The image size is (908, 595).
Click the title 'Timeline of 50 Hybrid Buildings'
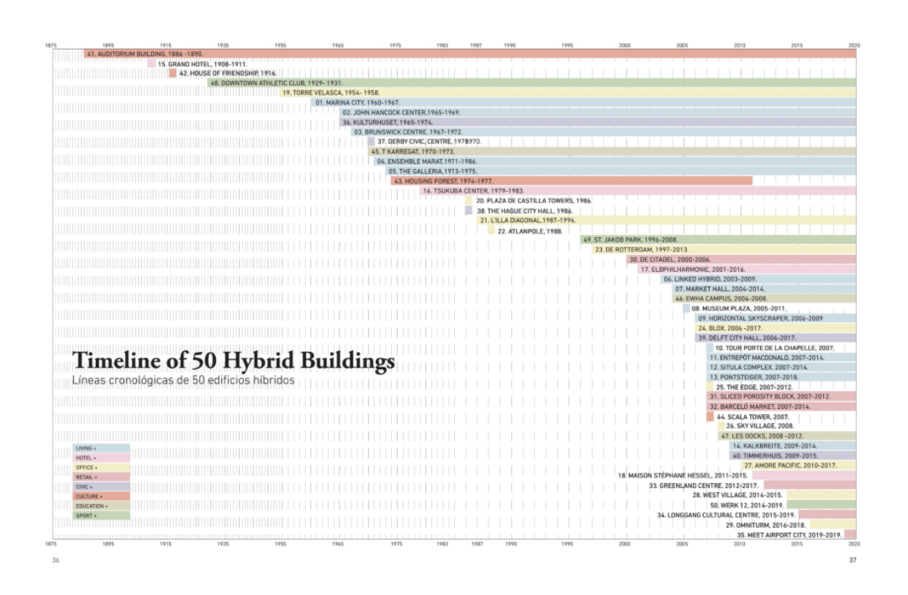[x=233, y=361]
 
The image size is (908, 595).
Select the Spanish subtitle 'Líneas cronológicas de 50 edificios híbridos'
[x=183, y=381]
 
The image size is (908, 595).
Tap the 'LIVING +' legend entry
[x=101, y=449]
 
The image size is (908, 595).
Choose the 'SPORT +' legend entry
[x=101, y=515]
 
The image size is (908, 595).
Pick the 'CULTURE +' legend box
[x=101, y=497]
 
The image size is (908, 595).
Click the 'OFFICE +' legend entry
[x=101, y=468]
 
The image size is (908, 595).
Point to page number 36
[x=55, y=560]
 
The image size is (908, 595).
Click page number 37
[x=852, y=560]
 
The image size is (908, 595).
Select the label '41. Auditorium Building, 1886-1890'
[x=145, y=54]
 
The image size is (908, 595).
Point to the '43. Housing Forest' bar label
[x=443, y=181]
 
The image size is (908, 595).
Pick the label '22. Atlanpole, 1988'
[x=530, y=231]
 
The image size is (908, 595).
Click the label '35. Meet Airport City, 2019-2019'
[x=789, y=534]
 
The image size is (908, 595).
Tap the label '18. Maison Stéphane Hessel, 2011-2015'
[x=683, y=475]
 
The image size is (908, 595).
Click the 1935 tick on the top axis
[x=223, y=45]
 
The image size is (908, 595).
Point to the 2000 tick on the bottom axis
[x=625, y=545]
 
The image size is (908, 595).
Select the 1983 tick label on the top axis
[x=442, y=45]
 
